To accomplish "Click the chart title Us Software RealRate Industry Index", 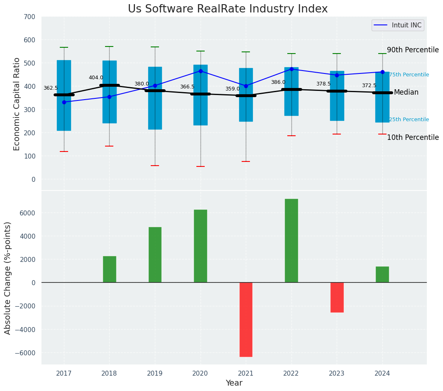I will click(x=228, y=9).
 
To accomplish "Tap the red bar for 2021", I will click(x=246, y=319).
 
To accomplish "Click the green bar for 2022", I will click(x=291, y=241).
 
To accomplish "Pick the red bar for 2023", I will click(x=337, y=297).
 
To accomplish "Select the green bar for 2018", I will click(x=110, y=269).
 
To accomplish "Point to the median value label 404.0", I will click(x=96, y=78).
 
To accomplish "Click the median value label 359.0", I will click(x=233, y=89).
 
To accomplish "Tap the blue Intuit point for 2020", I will click(x=201, y=71).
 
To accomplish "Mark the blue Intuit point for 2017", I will click(x=64, y=102).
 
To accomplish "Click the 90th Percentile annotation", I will click(x=413, y=50).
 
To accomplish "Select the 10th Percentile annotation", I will click(x=413, y=137).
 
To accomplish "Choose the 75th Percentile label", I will click(x=409, y=75).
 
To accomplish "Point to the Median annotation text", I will click(x=406, y=92).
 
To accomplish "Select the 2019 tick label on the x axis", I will click(x=155, y=374).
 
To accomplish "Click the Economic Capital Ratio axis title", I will click(x=17, y=104).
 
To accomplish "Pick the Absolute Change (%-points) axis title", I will click(x=8, y=278).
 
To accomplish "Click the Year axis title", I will click(x=234, y=383).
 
